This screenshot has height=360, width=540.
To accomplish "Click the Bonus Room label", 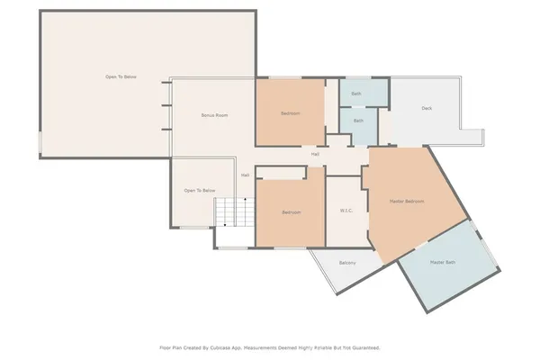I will [214, 115].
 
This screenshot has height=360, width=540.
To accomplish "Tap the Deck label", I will [427, 109].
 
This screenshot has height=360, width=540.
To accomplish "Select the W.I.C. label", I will [346, 212].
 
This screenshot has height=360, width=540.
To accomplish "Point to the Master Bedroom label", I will [406, 201].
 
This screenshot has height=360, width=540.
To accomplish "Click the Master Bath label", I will [443, 262].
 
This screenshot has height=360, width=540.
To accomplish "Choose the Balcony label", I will [347, 263].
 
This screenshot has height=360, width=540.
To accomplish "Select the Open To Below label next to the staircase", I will [199, 191].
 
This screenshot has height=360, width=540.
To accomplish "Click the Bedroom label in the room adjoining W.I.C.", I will [291, 212].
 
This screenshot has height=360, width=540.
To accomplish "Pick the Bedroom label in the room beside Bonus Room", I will [290, 113].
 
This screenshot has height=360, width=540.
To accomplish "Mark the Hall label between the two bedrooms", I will [315, 154].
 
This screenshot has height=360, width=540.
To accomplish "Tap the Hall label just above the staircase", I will [245, 175].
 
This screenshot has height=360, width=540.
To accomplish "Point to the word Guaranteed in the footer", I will [362, 346].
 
